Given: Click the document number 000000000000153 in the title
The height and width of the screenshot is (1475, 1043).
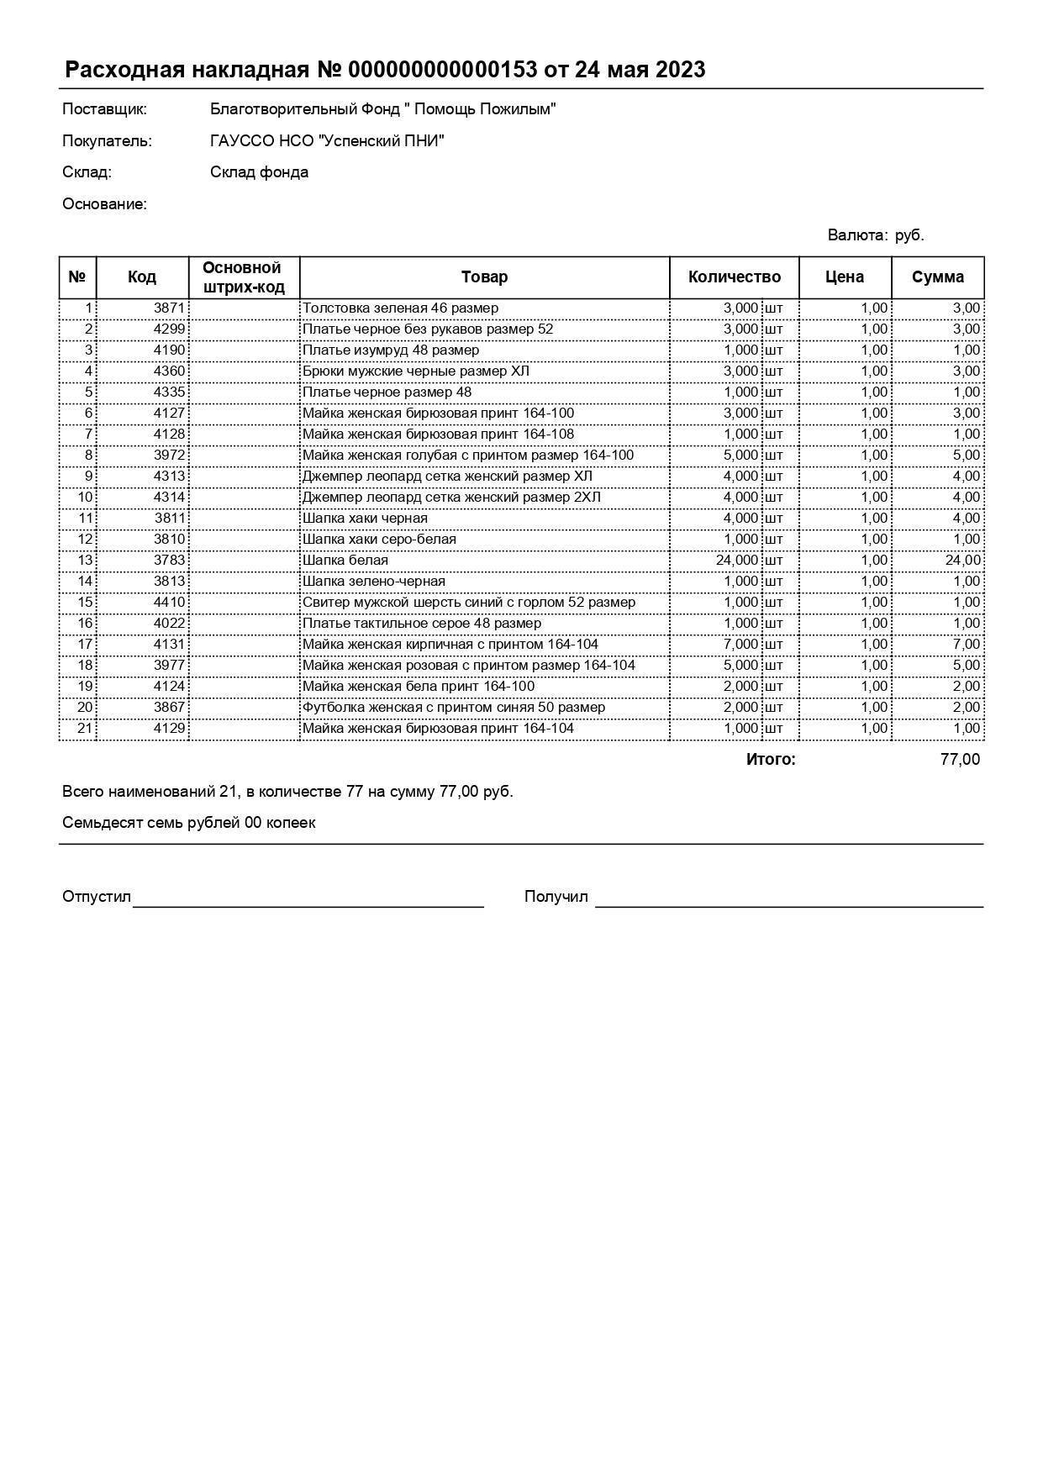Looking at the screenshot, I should (x=442, y=70).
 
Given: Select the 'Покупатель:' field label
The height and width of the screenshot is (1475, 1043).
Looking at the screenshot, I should (x=107, y=141).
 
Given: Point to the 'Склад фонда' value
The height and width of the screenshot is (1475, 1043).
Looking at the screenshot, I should (x=259, y=172).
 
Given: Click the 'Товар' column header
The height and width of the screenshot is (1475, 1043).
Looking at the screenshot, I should (x=484, y=277).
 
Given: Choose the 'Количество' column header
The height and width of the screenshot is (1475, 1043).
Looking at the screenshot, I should (x=734, y=277).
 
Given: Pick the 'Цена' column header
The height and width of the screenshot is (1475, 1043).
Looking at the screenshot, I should (x=844, y=277).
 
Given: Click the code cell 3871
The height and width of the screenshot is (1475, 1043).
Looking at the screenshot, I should (x=169, y=308).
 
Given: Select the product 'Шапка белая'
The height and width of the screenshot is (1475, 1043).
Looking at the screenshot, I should (x=345, y=561).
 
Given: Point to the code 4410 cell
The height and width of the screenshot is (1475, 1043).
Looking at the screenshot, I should (x=169, y=603).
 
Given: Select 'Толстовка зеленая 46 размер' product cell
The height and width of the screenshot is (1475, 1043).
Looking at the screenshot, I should (x=400, y=308).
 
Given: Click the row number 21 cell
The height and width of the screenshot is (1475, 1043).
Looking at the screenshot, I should (x=84, y=729).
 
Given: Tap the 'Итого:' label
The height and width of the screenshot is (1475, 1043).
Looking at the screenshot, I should (x=770, y=760).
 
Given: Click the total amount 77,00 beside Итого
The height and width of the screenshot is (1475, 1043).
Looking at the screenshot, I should (x=960, y=760).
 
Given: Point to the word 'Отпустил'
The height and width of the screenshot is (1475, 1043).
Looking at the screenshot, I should (x=97, y=897).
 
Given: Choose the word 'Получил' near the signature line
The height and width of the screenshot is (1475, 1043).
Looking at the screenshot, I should (x=556, y=897).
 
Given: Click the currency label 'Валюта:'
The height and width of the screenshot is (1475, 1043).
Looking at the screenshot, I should (x=857, y=235).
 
